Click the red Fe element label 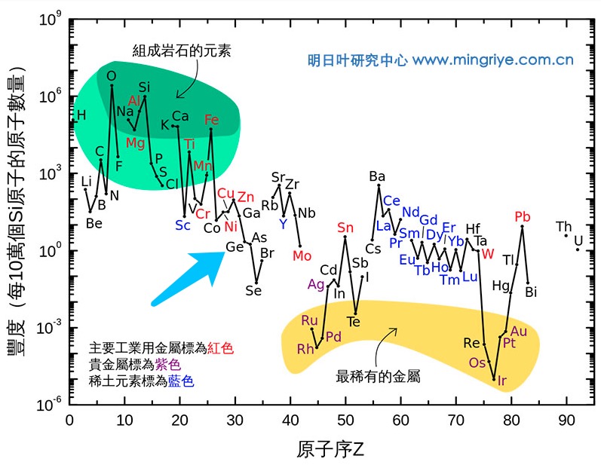point(212,120)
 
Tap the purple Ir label point(502,381)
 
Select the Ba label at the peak point(377,176)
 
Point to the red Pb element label point(522,218)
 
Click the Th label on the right point(563,227)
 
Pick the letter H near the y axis point(81,115)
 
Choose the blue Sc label point(182,225)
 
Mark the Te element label point(353,322)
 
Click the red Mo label point(302,255)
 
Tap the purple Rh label point(305,349)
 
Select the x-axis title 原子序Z point(330,450)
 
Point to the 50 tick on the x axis point(345,420)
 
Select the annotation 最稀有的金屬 point(377,375)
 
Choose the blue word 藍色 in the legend point(181,381)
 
